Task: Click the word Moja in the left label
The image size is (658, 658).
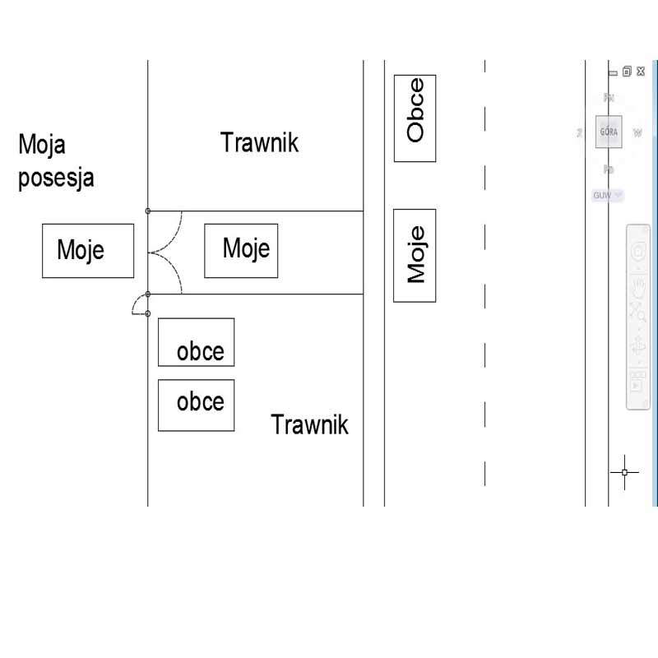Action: [x=42, y=146]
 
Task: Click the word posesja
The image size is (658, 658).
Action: [x=56, y=178]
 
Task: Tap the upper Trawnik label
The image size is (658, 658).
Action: [x=259, y=143]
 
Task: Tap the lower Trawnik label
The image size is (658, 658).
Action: [x=309, y=425]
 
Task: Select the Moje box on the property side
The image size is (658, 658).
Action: [x=88, y=250]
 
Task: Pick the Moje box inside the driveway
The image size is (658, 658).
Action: [x=241, y=250]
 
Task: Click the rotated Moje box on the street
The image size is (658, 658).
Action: [x=415, y=256]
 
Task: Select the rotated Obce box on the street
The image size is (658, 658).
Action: [x=415, y=118]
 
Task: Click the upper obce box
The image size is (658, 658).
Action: [x=196, y=342]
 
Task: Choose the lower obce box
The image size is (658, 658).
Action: [x=196, y=405]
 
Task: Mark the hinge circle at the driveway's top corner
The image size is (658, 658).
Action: [x=148, y=211]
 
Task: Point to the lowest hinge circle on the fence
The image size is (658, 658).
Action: [x=148, y=313]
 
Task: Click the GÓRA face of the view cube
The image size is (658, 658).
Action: [x=609, y=132]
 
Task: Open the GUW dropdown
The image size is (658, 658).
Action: [x=608, y=196]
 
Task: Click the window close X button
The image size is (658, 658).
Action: [x=641, y=72]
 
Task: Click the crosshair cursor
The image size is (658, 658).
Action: [x=624, y=472]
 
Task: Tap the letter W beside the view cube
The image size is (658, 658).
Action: [x=637, y=132]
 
